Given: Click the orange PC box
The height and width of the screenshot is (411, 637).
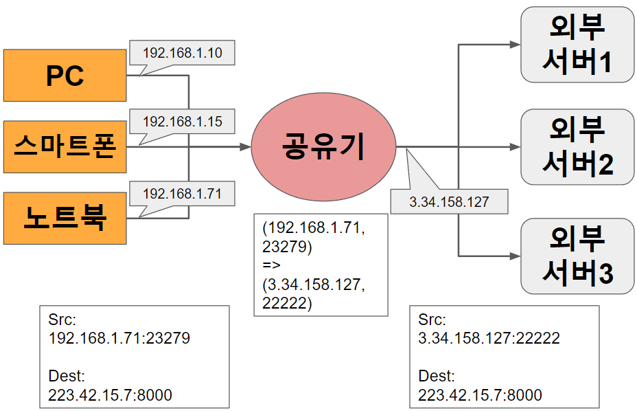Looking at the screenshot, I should [x=65, y=75].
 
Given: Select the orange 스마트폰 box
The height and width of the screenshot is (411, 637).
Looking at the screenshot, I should [x=65, y=146].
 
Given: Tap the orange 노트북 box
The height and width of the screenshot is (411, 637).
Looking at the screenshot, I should [x=65, y=218].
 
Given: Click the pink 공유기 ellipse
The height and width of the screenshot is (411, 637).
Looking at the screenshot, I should [x=323, y=146].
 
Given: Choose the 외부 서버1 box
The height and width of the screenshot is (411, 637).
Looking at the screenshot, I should [x=577, y=45].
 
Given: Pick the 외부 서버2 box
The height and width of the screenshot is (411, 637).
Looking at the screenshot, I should [x=577, y=146].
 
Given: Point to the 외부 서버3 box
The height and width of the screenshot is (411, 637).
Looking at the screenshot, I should [x=577, y=256].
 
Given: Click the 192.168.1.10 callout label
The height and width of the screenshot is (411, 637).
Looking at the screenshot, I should [x=182, y=53].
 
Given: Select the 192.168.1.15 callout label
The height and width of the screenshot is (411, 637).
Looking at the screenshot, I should [x=182, y=122].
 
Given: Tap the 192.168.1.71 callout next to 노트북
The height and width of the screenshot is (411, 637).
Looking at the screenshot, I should [x=182, y=194].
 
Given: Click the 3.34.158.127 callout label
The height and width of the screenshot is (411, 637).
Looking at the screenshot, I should [x=449, y=202].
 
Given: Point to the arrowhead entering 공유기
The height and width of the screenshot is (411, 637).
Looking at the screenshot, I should [x=245, y=147].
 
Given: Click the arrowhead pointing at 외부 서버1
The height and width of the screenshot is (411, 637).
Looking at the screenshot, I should [x=515, y=45].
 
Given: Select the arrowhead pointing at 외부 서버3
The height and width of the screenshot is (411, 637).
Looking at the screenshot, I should [x=515, y=256].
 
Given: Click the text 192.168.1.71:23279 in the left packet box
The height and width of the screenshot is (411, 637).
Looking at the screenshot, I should [x=119, y=338].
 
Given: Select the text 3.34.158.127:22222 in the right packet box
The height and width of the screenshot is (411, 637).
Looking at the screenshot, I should [x=489, y=338].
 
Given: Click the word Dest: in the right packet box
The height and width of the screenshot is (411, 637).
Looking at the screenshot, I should [x=436, y=377].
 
